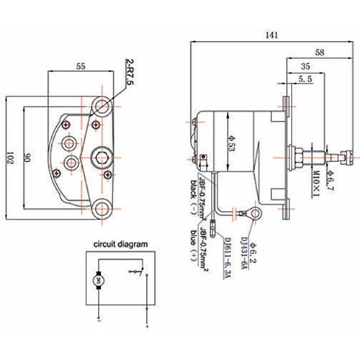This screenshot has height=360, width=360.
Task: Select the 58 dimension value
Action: click(318, 53)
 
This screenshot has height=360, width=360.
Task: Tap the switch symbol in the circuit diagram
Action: click(135, 272)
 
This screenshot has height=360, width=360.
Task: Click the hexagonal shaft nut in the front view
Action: click(100, 153)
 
